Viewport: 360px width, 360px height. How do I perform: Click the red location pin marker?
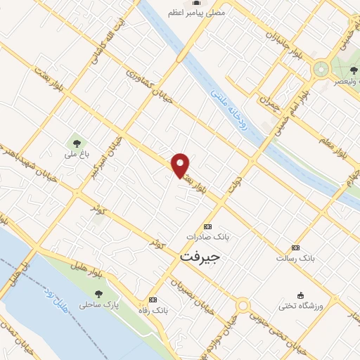pyautogui.click(x=181, y=165)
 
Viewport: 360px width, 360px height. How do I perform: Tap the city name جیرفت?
pyautogui.click(x=200, y=257)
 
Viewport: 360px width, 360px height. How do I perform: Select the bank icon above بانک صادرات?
pyautogui.click(x=207, y=227)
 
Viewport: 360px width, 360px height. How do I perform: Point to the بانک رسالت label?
pyautogui.click(x=296, y=259)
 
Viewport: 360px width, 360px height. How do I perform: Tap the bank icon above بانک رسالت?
pyautogui.click(x=295, y=248)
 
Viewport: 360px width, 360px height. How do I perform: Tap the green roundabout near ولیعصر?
pyautogui.click(x=321, y=69)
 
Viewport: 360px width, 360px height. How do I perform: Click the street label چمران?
pyautogui.click(x=269, y=107)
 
